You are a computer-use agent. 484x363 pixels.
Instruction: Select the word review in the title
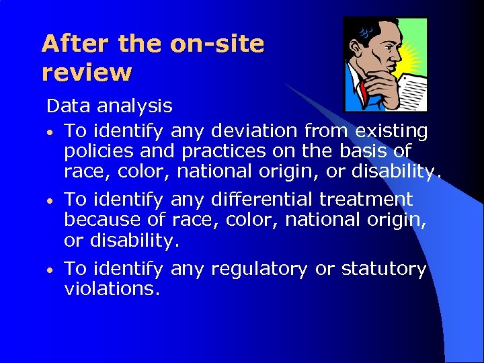tap(87, 72)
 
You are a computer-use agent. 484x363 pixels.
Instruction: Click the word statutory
tap(384, 270)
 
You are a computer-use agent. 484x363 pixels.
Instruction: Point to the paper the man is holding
tap(411, 91)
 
